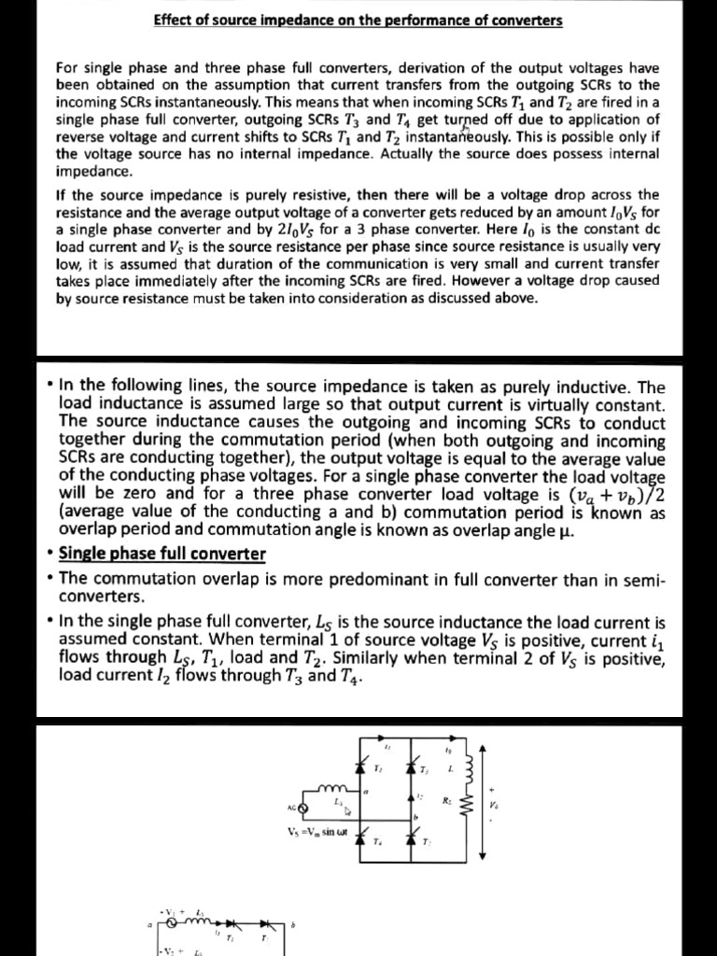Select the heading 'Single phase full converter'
(162, 554)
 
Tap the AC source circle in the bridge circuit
(302, 806)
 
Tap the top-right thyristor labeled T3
(413, 767)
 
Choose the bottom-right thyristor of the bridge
(413, 834)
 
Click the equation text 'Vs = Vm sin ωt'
(319, 831)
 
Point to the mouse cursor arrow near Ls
(347, 809)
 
